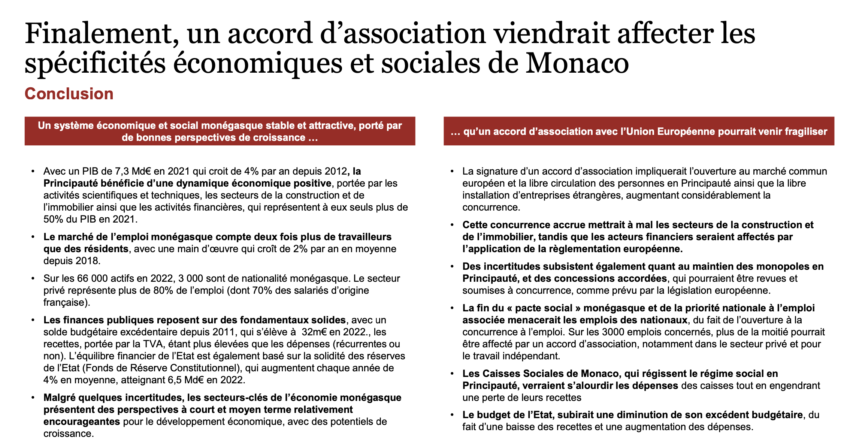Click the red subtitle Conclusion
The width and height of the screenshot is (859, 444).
pyautogui.click(x=69, y=94)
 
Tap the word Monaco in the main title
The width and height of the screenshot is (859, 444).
pyautogui.click(x=577, y=63)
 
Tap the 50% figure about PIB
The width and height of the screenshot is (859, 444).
pyautogui.click(x=53, y=219)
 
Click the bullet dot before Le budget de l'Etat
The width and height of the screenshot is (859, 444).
pyautogui.click(x=452, y=415)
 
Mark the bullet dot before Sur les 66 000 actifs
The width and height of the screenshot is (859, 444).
pyautogui.click(x=33, y=278)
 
